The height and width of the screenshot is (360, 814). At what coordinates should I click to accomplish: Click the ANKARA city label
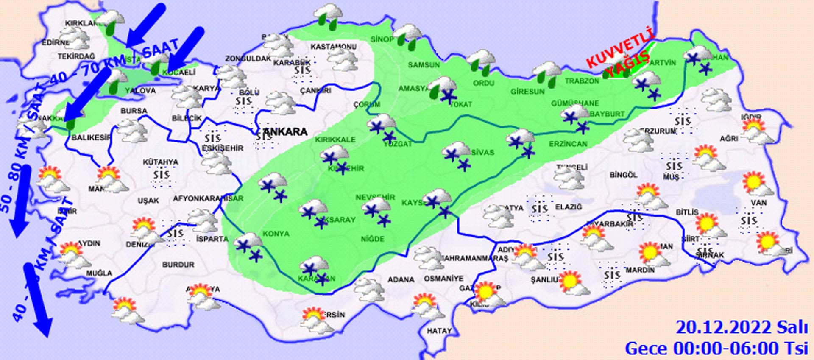pos(283,132)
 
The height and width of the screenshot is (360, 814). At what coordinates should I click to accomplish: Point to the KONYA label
pos(276,234)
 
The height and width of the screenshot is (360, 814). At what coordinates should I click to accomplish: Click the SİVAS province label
pos(482,152)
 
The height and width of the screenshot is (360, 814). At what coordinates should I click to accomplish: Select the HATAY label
pos(439,331)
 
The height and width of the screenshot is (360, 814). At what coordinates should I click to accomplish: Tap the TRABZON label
pos(581,81)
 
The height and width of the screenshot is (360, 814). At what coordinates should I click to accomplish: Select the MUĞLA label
pos(99,273)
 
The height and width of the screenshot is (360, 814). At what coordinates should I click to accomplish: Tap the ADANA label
pos(401,279)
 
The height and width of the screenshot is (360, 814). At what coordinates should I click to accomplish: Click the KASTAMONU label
pos(333,47)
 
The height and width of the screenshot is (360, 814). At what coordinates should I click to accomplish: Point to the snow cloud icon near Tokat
pos(443,89)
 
